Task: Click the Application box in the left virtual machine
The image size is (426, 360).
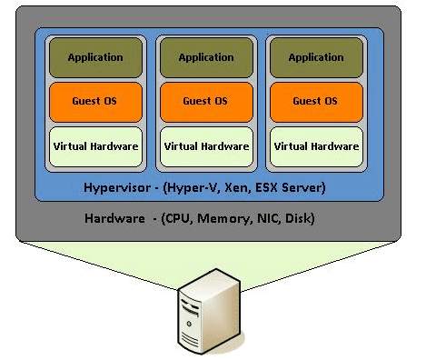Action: [x=95, y=57]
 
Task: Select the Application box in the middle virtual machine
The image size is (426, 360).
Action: [x=205, y=57]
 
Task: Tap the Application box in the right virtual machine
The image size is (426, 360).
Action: [x=315, y=57]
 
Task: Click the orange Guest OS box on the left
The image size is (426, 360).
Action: [x=95, y=101]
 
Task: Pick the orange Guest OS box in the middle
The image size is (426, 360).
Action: [x=205, y=101]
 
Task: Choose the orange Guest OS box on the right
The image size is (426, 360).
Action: [x=315, y=101]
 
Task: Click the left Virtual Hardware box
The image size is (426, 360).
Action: [x=95, y=145]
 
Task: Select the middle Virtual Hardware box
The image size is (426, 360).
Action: [x=205, y=145]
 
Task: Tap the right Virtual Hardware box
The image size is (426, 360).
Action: [x=315, y=145]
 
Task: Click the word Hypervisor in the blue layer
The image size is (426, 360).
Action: [x=113, y=188]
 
